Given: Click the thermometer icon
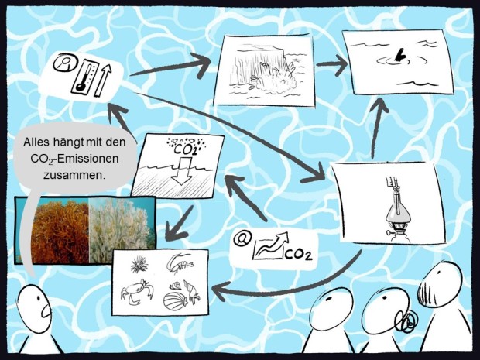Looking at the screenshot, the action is (85, 77).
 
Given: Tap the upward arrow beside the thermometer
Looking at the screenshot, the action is (103, 81).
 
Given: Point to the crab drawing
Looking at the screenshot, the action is (136, 291).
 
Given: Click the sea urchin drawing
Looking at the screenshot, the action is (139, 265).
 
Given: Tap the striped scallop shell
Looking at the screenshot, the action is (176, 301).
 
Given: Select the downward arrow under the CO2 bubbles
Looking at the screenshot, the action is (182, 171).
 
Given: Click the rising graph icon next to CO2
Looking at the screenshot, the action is (270, 246).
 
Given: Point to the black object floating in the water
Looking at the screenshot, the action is (399, 56).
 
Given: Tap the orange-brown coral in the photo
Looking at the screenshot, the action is (60, 231).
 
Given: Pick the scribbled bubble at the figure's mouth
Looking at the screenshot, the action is (406, 321).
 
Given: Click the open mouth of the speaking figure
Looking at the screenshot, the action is (46, 311).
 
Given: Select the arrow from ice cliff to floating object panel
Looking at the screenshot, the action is (332, 65).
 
